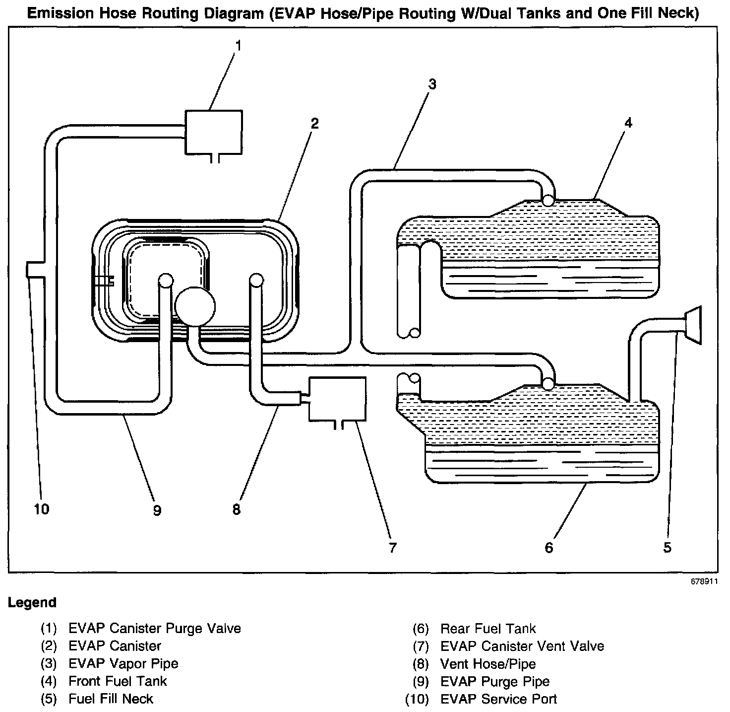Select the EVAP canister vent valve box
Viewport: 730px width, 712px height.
pyautogui.click(x=337, y=398)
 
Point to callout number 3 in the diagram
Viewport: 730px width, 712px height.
pyautogui.click(x=432, y=84)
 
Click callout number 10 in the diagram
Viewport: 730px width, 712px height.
pyautogui.click(x=42, y=509)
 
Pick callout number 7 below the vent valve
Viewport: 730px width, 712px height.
pyautogui.click(x=392, y=548)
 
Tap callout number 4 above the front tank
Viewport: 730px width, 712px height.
pyautogui.click(x=628, y=123)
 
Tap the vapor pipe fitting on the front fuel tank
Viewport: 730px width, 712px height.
pyautogui.click(x=548, y=200)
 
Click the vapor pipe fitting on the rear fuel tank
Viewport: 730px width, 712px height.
pyautogui.click(x=548, y=384)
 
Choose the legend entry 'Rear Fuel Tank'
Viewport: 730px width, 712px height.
pyautogui.click(x=487, y=629)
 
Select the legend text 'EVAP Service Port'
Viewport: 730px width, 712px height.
pyautogui.click(x=498, y=699)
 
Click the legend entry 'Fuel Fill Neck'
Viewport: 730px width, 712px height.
pyautogui.click(x=111, y=699)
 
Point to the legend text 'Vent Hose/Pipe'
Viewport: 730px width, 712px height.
pyautogui.click(x=487, y=664)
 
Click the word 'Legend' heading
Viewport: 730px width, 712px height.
pyautogui.click(x=32, y=603)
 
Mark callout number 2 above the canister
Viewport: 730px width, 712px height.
pyautogui.click(x=314, y=123)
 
